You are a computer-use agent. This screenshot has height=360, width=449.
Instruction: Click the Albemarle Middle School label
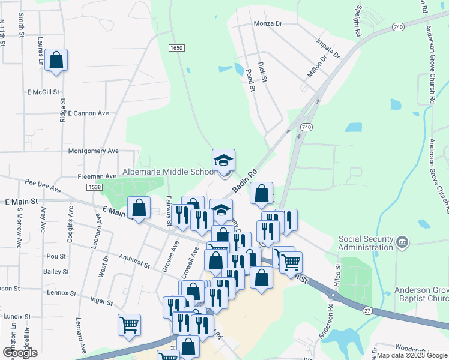[x=169, y=172]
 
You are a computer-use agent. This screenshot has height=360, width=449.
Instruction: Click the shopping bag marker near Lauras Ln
[x=56, y=61]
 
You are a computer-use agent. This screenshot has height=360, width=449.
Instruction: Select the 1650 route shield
[x=175, y=48]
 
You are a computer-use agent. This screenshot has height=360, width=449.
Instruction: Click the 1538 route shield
[x=94, y=188]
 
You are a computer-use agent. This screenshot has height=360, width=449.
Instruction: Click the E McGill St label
[x=44, y=92]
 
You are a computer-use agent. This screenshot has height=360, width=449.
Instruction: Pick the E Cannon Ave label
[x=88, y=113]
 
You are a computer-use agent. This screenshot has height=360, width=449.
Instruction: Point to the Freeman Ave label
[x=97, y=176]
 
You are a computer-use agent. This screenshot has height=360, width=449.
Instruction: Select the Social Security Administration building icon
[x=403, y=242]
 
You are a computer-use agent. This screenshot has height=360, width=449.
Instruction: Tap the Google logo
[x=20, y=353]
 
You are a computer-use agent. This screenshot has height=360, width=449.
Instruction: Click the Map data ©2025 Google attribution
[x=411, y=355]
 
